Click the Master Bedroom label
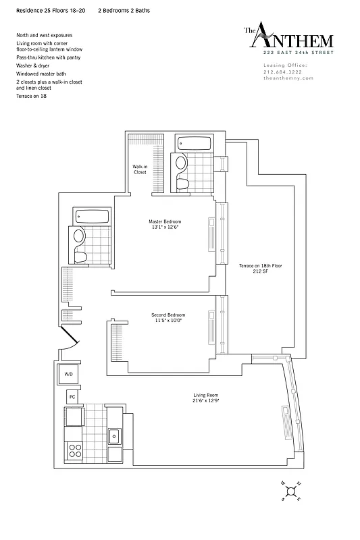point(165,224)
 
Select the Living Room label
point(205,398)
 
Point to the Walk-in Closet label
point(140,169)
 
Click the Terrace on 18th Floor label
point(260,269)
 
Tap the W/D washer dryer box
point(68,373)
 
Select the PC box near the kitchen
point(71,397)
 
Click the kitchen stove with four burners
point(72,449)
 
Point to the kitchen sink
point(114,435)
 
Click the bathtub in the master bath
point(194,143)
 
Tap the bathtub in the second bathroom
point(91,218)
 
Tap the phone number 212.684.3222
point(284,71)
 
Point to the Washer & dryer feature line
point(34,66)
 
